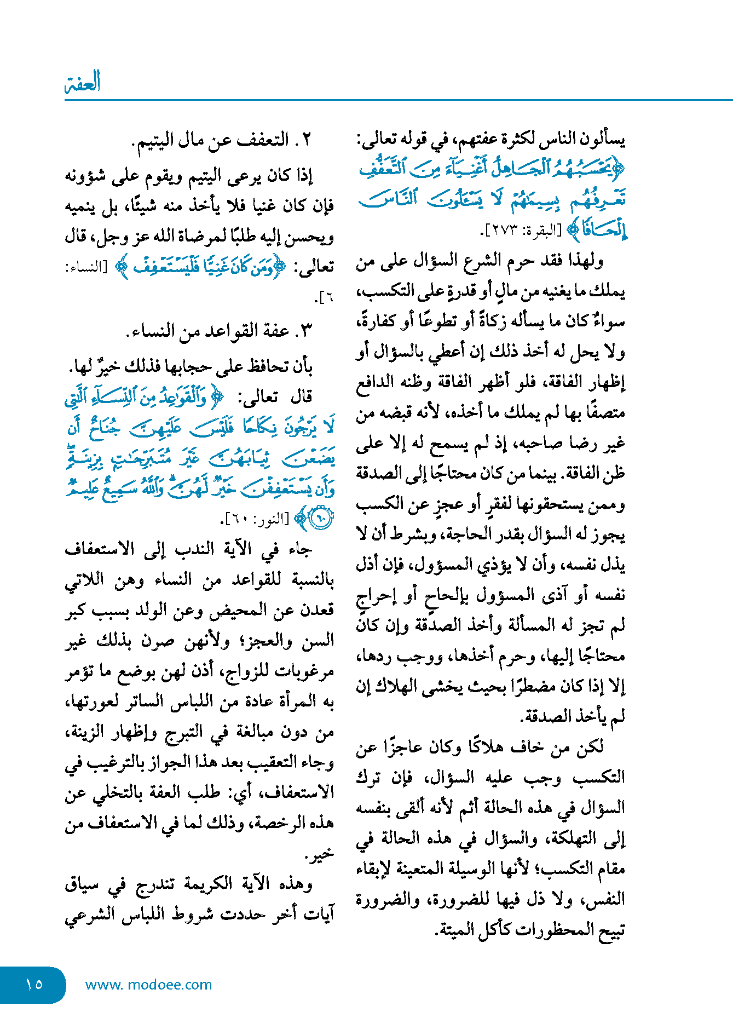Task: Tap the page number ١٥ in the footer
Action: [34, 984]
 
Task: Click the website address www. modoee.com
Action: [148, 985]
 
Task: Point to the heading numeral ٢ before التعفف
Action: [307, 140]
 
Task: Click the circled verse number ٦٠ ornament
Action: [321, 517]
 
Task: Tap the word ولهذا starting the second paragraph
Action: [582, 261]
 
